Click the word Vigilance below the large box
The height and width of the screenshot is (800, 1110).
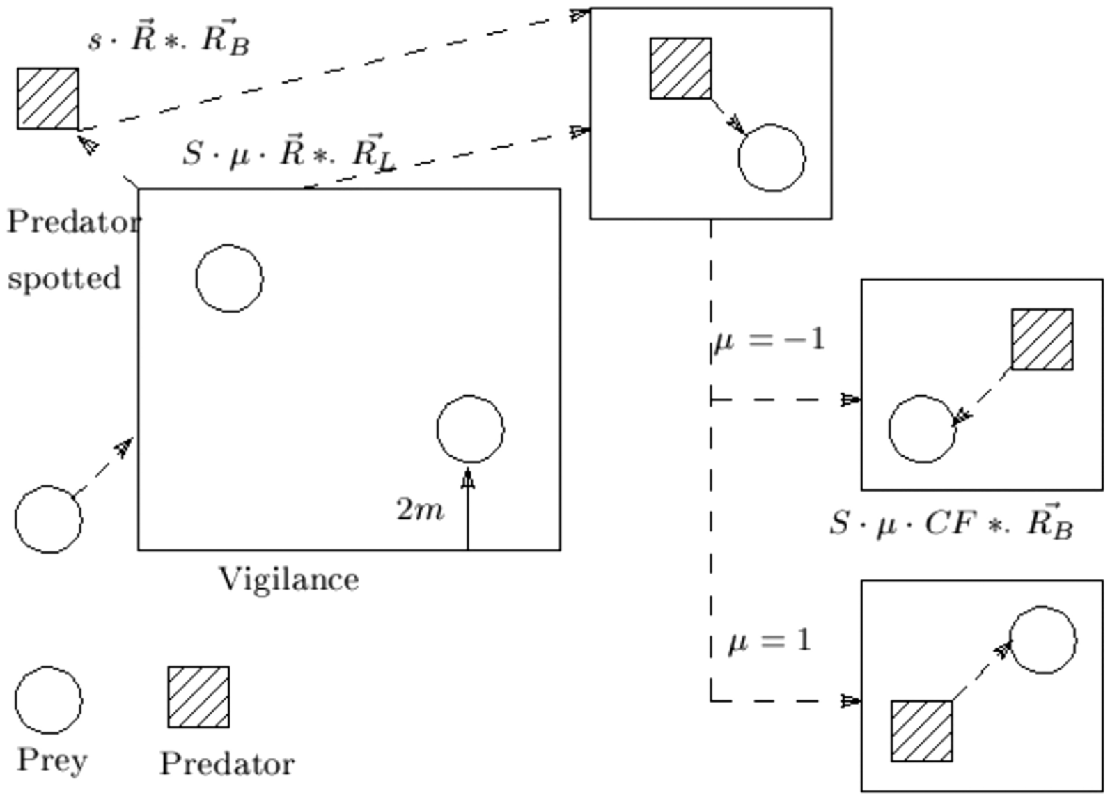tap(289, 579)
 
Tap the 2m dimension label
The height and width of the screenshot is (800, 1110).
tap(420, 510)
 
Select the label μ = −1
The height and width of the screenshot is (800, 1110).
tap(768, 340)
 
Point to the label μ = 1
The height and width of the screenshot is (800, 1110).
tap(769, 641)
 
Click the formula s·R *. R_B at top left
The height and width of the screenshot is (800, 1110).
tap(169, 40)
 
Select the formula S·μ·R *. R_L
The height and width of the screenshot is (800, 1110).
tap(289, 153)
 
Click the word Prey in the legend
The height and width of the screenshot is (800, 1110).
tap(52, 760)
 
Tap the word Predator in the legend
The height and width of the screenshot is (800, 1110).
tap(227, 764)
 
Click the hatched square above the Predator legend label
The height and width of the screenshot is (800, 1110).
tap(198, 697)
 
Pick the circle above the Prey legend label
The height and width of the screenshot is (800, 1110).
tap(49, 700)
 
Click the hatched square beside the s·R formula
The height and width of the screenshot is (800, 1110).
tap(48, 98)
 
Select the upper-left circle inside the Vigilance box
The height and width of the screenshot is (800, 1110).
tap(229, 279)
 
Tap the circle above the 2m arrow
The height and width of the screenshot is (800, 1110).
tap(470, 429)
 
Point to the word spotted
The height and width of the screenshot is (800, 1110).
tap(64, 278)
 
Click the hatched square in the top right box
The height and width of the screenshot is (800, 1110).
tap(680, 68)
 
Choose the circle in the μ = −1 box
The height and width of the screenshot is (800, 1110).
tap(922, 429)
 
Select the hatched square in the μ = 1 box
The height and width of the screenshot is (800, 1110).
tap(921, 731)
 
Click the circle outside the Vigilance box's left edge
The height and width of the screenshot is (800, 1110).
tap(49, 519)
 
